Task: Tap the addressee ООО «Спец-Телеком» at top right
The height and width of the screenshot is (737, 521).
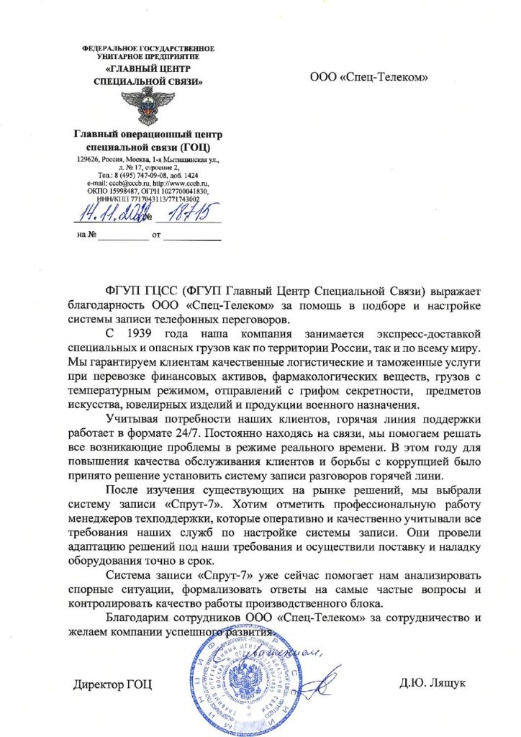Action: pyautogui.click(x=368, y=76)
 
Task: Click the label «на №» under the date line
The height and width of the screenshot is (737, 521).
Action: pyautogui.click(x=86, y=235)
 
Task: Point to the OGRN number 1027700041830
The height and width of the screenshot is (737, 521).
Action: pyautogui.click(x=179, y=191)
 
